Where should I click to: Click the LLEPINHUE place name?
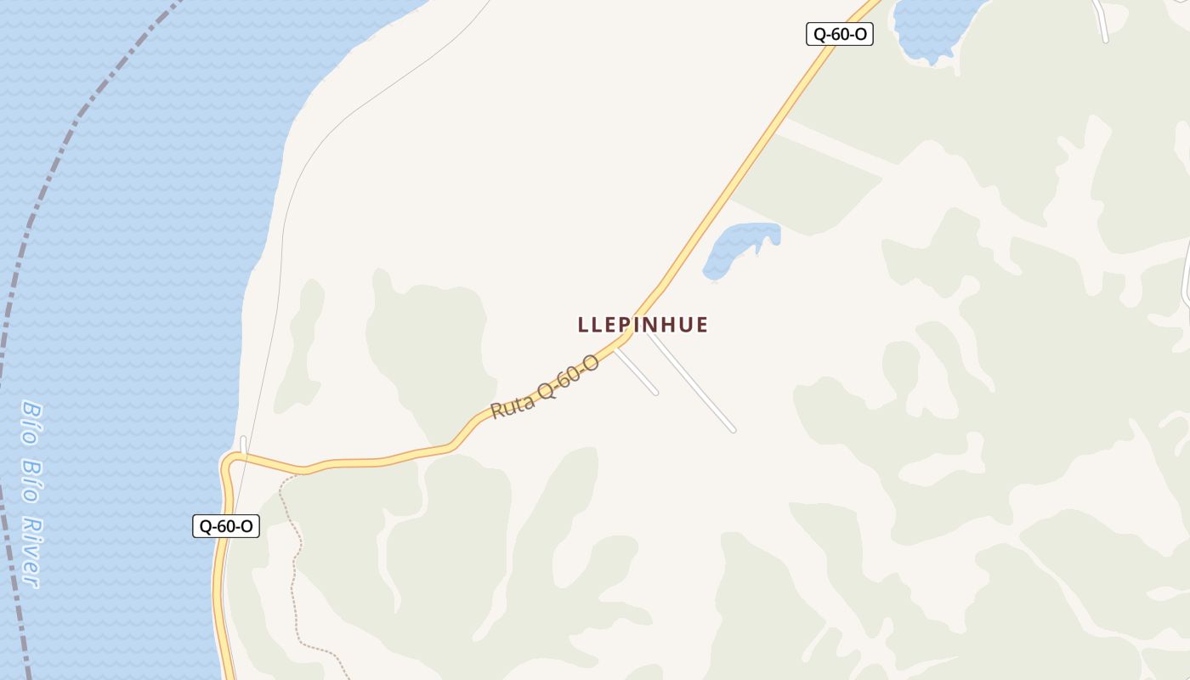coord(643,325)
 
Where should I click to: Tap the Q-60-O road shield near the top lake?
coord(839,34)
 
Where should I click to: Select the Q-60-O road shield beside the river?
coord(226,526)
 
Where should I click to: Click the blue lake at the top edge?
coord(935,25)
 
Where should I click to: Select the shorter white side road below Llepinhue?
coord(637,371)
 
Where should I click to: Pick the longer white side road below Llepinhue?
coord(693,383)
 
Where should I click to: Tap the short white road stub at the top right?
coord(1101,21)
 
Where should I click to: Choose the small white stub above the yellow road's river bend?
coord(243,445)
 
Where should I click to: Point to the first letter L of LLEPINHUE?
coord(583,325)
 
